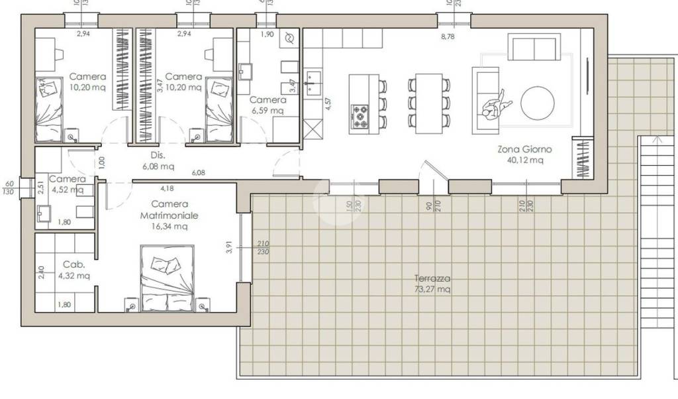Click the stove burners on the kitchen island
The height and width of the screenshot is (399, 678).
pyautogui.click(x=361, y=117)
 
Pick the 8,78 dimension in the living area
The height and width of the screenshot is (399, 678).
pyautogui.click(x=448, y=37)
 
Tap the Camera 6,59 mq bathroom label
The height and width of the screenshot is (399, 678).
pyautogui.click(x=267, y=105)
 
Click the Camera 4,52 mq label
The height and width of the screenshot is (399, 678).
pyautogui.click(x=67, y=184)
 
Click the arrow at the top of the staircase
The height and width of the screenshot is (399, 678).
pyautogui.click(x=655, y=141)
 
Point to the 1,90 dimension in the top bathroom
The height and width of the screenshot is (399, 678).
pyautogui.click(x=266, y=34)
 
